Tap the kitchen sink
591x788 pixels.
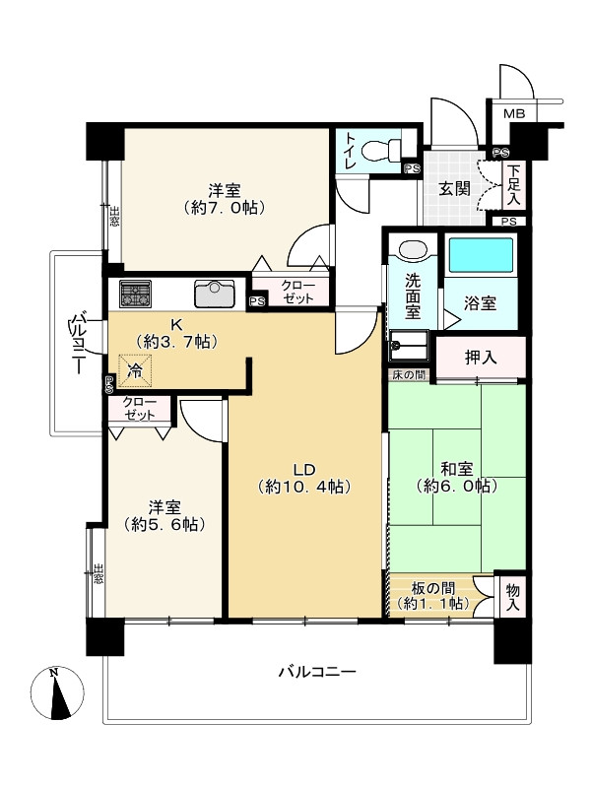[x=215, y=293]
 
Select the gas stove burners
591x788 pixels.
[x=135, y=294]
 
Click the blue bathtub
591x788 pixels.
[x=481, y=255]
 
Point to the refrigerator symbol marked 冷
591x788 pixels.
[x=135, y=371]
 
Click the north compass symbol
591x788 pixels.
[x=57, y=693]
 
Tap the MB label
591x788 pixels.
[x=514, y=113]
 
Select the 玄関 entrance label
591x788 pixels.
[x=454, y=189]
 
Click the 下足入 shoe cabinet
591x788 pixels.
[x=513, y=184]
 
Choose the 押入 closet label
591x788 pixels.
[x=481, y=358]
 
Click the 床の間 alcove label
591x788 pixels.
[x=409, y=374]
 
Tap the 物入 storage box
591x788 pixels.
[x=512, y=597]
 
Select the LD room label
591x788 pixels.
[x=304, y=470]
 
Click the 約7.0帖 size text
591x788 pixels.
[x=225, y=207]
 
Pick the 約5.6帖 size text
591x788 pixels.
[x=164, y=524]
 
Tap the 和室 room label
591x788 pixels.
[x=456, y=470]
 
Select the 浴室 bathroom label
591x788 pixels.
[x=480, y=303]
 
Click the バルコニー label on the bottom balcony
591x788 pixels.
[x=317, y=672]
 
